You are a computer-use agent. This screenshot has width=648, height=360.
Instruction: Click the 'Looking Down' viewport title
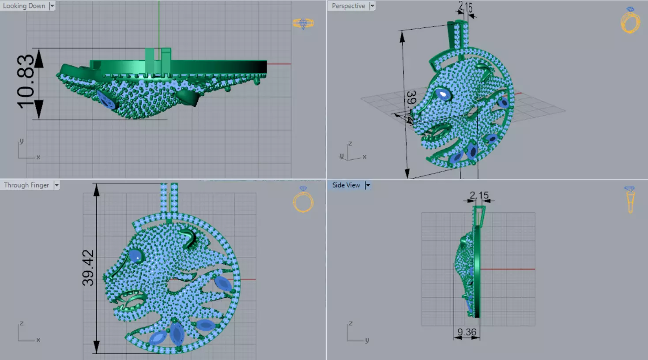coord(24,6)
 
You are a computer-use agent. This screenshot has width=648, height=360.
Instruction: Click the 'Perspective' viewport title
coord(348,6)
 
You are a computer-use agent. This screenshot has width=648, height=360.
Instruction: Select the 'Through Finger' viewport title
coord(26,185)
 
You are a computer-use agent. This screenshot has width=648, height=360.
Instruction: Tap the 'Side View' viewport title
coord(346,185)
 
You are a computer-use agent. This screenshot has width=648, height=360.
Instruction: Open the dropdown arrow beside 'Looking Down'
coord(52,6)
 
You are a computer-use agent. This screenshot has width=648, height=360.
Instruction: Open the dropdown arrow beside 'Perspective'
coord(372,6)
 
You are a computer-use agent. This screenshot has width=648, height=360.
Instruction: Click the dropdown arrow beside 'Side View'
coord(367,185)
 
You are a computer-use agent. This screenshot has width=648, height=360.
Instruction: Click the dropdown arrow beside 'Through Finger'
coord(57,185)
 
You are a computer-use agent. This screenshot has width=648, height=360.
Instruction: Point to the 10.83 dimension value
coord(26,81)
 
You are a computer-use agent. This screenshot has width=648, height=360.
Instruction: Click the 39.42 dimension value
coord(88,267)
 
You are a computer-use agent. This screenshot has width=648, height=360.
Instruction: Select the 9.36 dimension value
coord(467,332)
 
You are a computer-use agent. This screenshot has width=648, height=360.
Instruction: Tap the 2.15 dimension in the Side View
coord(479,195)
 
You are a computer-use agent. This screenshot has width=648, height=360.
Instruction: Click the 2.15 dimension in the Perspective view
coord(465,7)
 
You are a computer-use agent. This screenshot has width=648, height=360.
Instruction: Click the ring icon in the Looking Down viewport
coord(303,23)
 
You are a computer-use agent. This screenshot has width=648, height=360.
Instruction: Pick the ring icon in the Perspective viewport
coord(630,21)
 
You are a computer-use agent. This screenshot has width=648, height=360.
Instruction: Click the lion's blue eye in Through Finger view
coord(135,256)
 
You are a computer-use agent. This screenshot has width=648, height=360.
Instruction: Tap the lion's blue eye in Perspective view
coord(442,94)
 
